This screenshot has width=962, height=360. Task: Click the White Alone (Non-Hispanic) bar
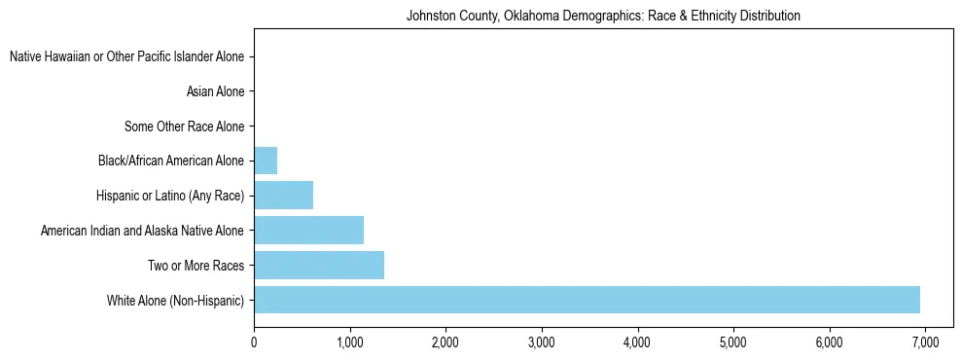[587, 300]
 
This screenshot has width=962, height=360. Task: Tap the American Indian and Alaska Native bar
[308, 231]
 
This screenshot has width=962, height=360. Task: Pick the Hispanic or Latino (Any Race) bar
[283, 196]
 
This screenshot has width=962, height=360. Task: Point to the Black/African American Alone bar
[266, 161]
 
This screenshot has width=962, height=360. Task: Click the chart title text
[603, 17]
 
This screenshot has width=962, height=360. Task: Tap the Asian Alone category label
[215, 92]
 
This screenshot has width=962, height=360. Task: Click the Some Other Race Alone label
[185, 126]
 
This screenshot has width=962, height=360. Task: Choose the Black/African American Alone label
[171, 161]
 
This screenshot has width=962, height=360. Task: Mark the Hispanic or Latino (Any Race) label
[170, 196]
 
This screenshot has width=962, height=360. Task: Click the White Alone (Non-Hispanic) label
[176, 300]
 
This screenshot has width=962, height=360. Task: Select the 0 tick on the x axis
[254, 342]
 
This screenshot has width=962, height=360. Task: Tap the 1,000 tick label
[349, 342]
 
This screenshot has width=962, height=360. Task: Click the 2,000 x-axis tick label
[445, 342]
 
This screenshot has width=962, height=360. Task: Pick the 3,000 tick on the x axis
[541, 342]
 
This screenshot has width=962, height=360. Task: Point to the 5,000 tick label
[732, 342]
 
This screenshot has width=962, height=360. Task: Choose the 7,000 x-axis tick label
[924, 342]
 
